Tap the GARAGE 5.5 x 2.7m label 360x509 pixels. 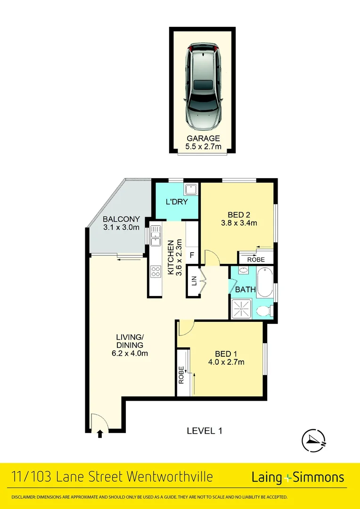point(203,143)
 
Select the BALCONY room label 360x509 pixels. point(121,223)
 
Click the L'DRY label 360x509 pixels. point(177,202)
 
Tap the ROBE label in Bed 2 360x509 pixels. point(256,260)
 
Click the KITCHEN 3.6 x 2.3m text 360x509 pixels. point(172,258)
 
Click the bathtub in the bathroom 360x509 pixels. point(265,282)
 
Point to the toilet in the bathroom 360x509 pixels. point(264,311)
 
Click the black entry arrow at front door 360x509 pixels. point(100,434)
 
